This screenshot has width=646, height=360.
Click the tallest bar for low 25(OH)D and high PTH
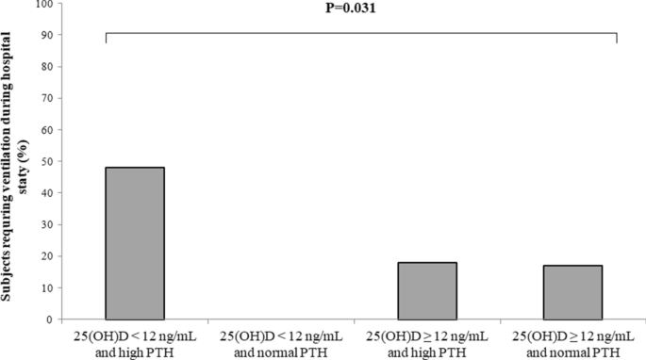pos(134,243)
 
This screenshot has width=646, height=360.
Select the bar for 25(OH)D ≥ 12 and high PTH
pos(427,290)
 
